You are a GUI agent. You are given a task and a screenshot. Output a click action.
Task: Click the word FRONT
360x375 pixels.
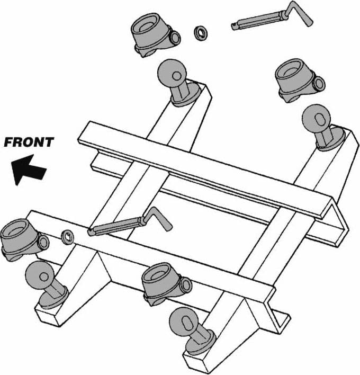pyautogui.click(x=29, y=142)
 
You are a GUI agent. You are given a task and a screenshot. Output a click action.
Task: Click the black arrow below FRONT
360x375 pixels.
pyautogui.click(x=28, y=169)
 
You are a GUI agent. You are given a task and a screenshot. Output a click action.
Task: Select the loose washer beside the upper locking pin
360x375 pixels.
pyautogui.click(x=200, y=33)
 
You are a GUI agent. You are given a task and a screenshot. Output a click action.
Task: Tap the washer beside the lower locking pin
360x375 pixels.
pyautogui.click(x=68, y=237)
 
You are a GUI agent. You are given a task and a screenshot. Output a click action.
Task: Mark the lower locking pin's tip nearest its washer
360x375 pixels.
pyautogui.click(x=91, y=232)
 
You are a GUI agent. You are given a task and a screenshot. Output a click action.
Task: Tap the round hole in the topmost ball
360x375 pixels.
pyautogui.click(x=177, y=76)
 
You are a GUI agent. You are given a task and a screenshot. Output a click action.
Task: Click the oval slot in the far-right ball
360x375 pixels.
pyautogui.click(x=319, y=120)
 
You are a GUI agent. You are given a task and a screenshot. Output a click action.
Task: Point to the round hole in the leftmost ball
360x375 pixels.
pyautogui.click(x=44, y=277)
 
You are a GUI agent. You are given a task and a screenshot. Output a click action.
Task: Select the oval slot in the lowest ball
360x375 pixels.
pyautogui.click(x=186, y=324)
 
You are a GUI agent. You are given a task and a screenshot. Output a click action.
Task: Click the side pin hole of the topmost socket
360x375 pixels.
pyautogui.click(x=176, y=38)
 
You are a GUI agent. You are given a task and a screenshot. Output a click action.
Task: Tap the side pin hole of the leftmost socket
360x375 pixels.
pyautogui.click(x=44, y=242)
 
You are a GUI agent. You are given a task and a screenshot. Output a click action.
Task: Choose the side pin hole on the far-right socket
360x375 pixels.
pyautogui.click(x=320, y=84)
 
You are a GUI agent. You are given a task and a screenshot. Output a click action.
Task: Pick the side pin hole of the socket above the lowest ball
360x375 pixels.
pyautogui.click(x=186, y=285)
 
